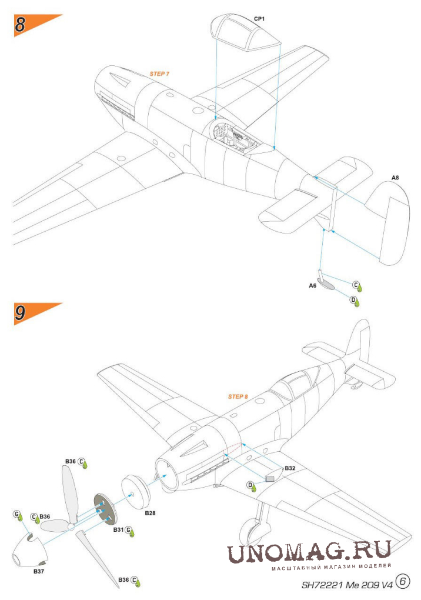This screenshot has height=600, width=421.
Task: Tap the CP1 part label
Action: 259,19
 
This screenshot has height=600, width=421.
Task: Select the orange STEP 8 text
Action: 238,396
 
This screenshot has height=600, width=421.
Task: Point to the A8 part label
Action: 396,177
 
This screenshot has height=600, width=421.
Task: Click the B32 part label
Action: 289,468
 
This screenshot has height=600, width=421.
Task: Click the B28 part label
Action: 150,513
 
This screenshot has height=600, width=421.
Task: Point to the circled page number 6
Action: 403,581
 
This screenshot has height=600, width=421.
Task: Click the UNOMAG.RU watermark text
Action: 309,551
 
